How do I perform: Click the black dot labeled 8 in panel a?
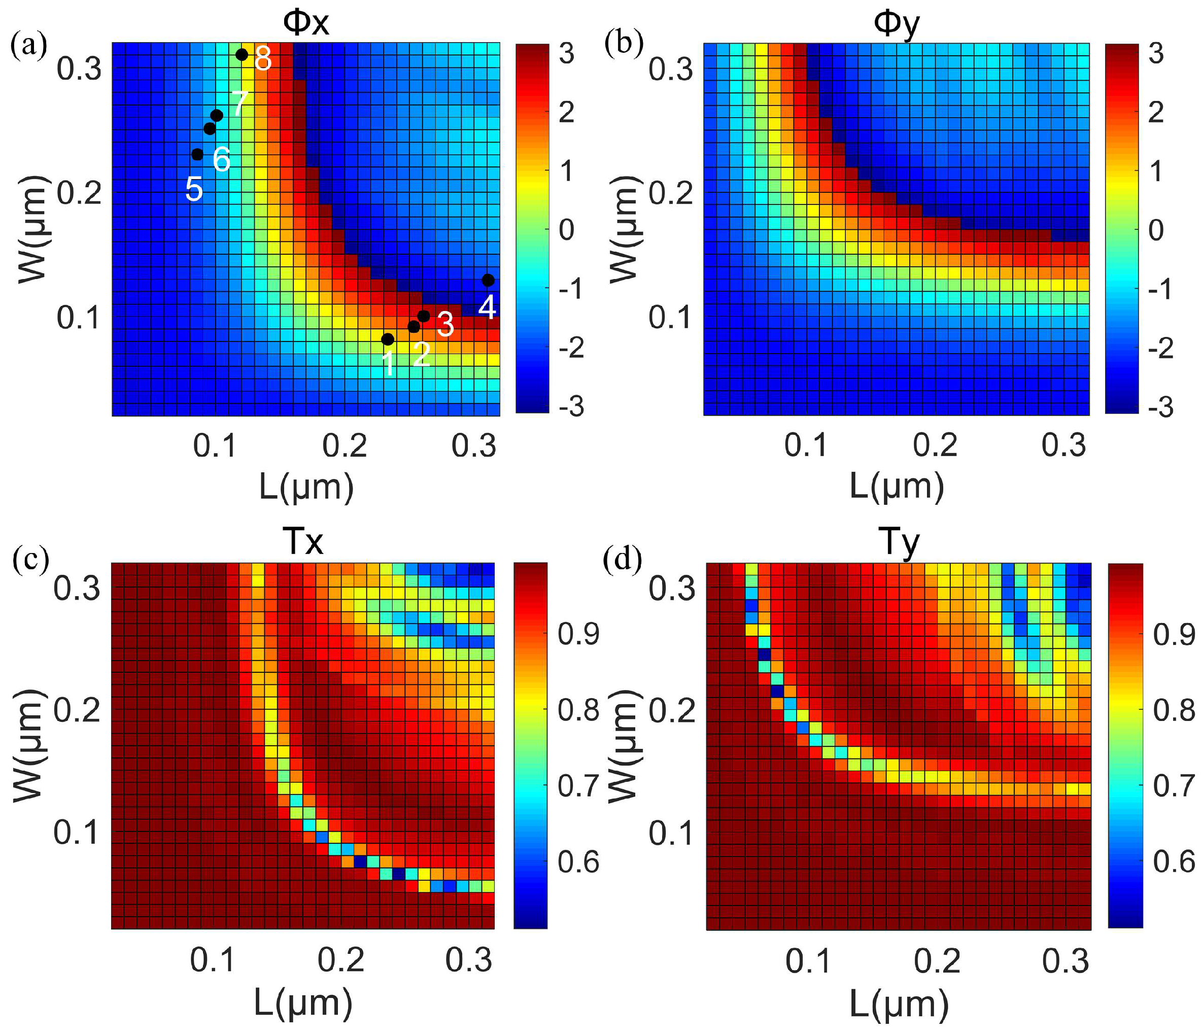pyautogui.click(x=242, y=55)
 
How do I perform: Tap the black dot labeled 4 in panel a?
pyautogui.click(x=488, y=281)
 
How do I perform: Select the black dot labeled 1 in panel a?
pyautogui.click(x=388, y=339)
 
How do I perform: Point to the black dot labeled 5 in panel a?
pyautogui.click(x=197, y=154)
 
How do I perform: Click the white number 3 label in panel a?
pyautogui.click(x=445, y=325)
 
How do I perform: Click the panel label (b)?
pyautogui.click(x=624, y=44)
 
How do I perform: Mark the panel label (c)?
pyautogui.click(x=30, y=559)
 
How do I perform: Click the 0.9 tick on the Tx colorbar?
pyautogui.click(x=578, y=634)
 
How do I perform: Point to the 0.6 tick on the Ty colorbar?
pyautogui.click(x=1174, y=861)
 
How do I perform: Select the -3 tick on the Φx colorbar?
pyautogui.click(x=571, y=406)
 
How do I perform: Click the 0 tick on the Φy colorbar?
pyautogui.click(x=1156, y=230)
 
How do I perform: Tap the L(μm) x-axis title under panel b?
pyautogui.click(x=897, y=486)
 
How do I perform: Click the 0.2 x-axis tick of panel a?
pyautogui.click(x=345, y=446)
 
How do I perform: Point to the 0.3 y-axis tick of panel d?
pyautogui.click(x=672, y=589)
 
